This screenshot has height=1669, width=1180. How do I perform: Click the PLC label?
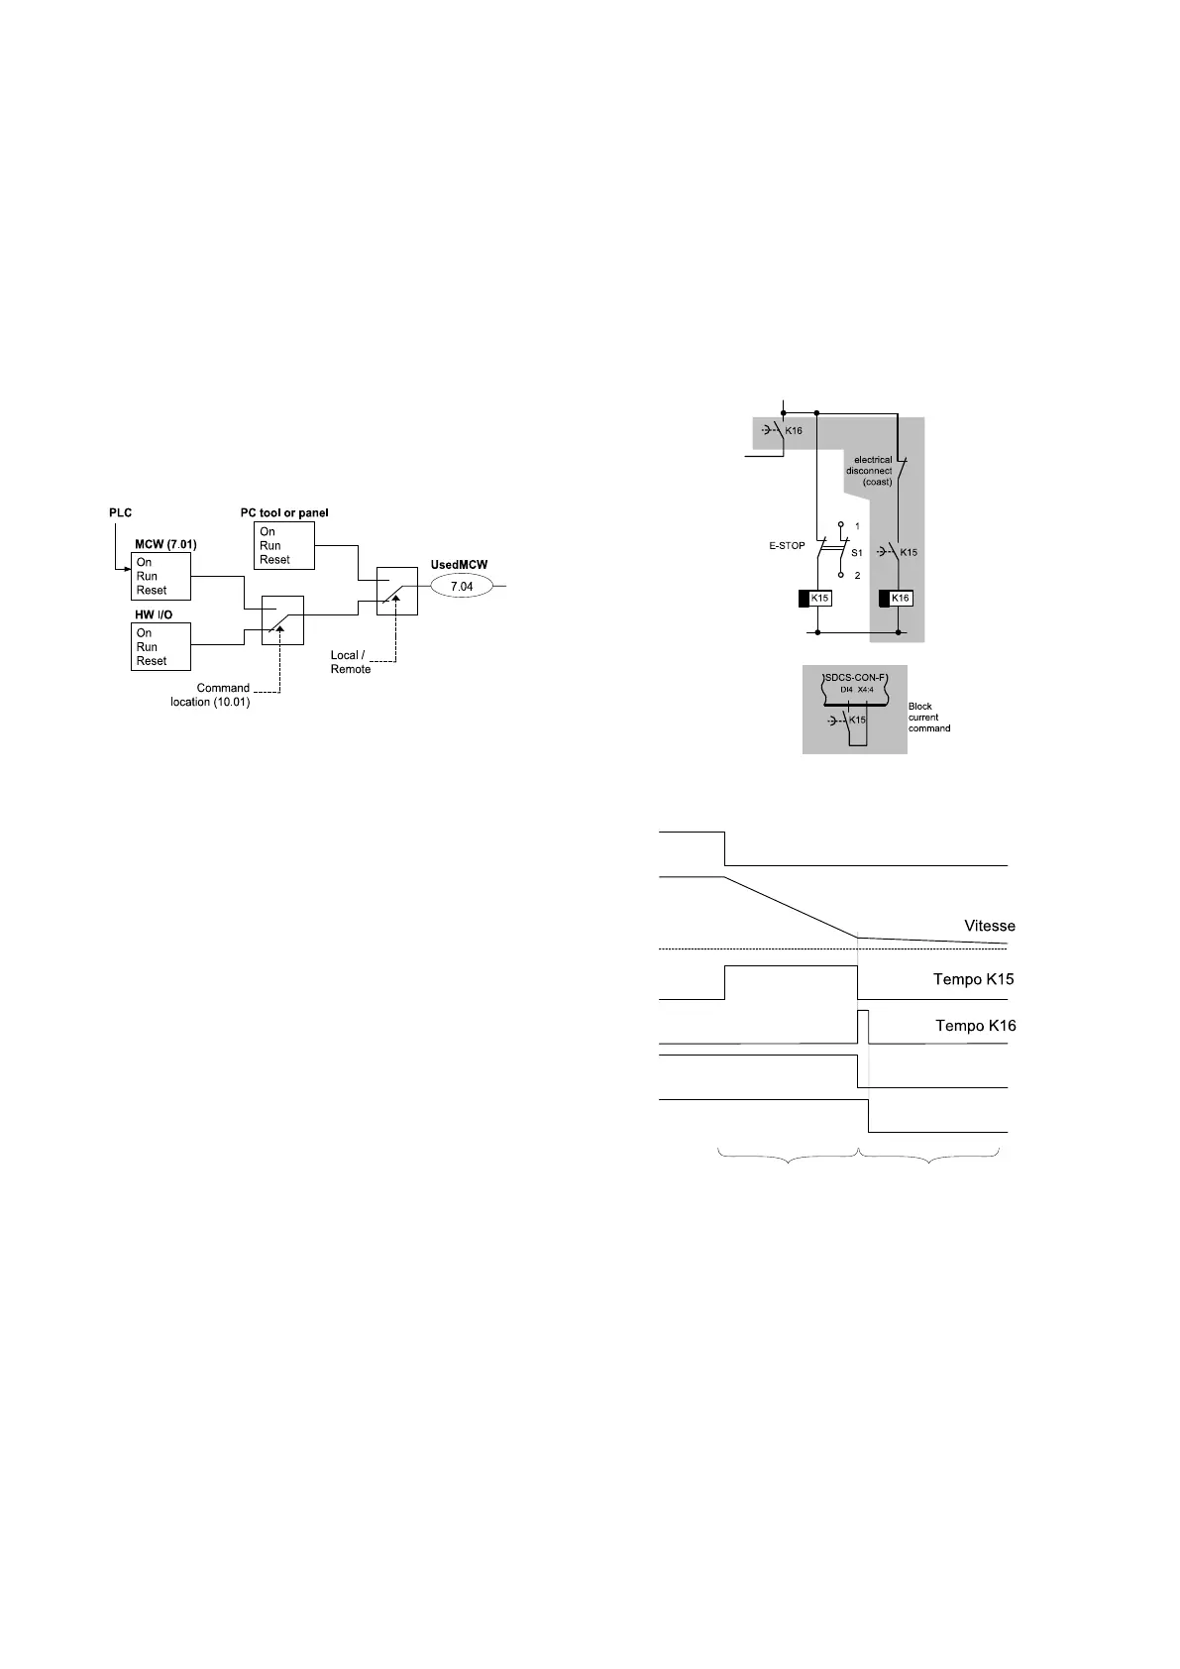point(120,513)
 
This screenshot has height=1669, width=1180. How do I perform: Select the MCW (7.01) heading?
point(165,545)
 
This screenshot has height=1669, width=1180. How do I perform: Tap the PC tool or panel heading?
point(284,513)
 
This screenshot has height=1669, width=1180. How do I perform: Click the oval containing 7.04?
point(462,587)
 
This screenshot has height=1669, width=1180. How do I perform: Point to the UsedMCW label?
point(459,565)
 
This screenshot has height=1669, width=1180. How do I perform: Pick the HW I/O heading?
point(154,615)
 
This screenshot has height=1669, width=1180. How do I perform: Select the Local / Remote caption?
point(351,662)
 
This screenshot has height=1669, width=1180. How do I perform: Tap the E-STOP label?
point(787,546)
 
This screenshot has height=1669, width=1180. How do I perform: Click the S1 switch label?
point(857,553)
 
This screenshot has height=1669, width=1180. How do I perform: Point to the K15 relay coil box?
point(818,599)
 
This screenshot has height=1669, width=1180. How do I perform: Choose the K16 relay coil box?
point(900,599)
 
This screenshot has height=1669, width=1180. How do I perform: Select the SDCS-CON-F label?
point(855,677)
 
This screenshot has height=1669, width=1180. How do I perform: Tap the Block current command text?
point(928,718)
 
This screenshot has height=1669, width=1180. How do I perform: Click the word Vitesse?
point(989,927)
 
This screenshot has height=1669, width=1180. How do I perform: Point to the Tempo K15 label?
point(973,979)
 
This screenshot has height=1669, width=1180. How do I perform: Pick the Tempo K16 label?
point(975,1026)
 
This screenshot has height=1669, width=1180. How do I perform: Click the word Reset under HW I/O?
point(152,661)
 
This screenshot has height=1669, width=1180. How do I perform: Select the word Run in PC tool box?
point(269,546)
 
